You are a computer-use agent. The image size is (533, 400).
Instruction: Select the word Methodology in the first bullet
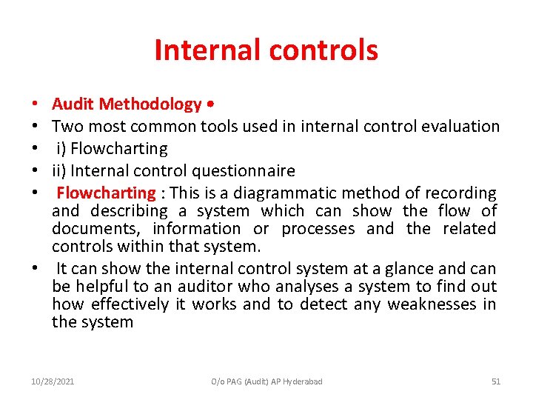coord(151,104)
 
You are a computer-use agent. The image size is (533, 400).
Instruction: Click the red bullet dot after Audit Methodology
coord(212,104)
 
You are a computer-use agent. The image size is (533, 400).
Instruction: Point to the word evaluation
coord(460,127)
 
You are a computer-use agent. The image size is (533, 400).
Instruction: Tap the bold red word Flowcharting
coord(107,193)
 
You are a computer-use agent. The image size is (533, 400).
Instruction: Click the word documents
coord(96,229)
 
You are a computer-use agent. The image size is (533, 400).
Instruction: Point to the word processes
coord(318,229)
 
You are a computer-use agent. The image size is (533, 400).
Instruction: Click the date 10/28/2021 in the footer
coord(52,381)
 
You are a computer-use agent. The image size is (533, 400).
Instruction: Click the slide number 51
coord(496,381)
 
